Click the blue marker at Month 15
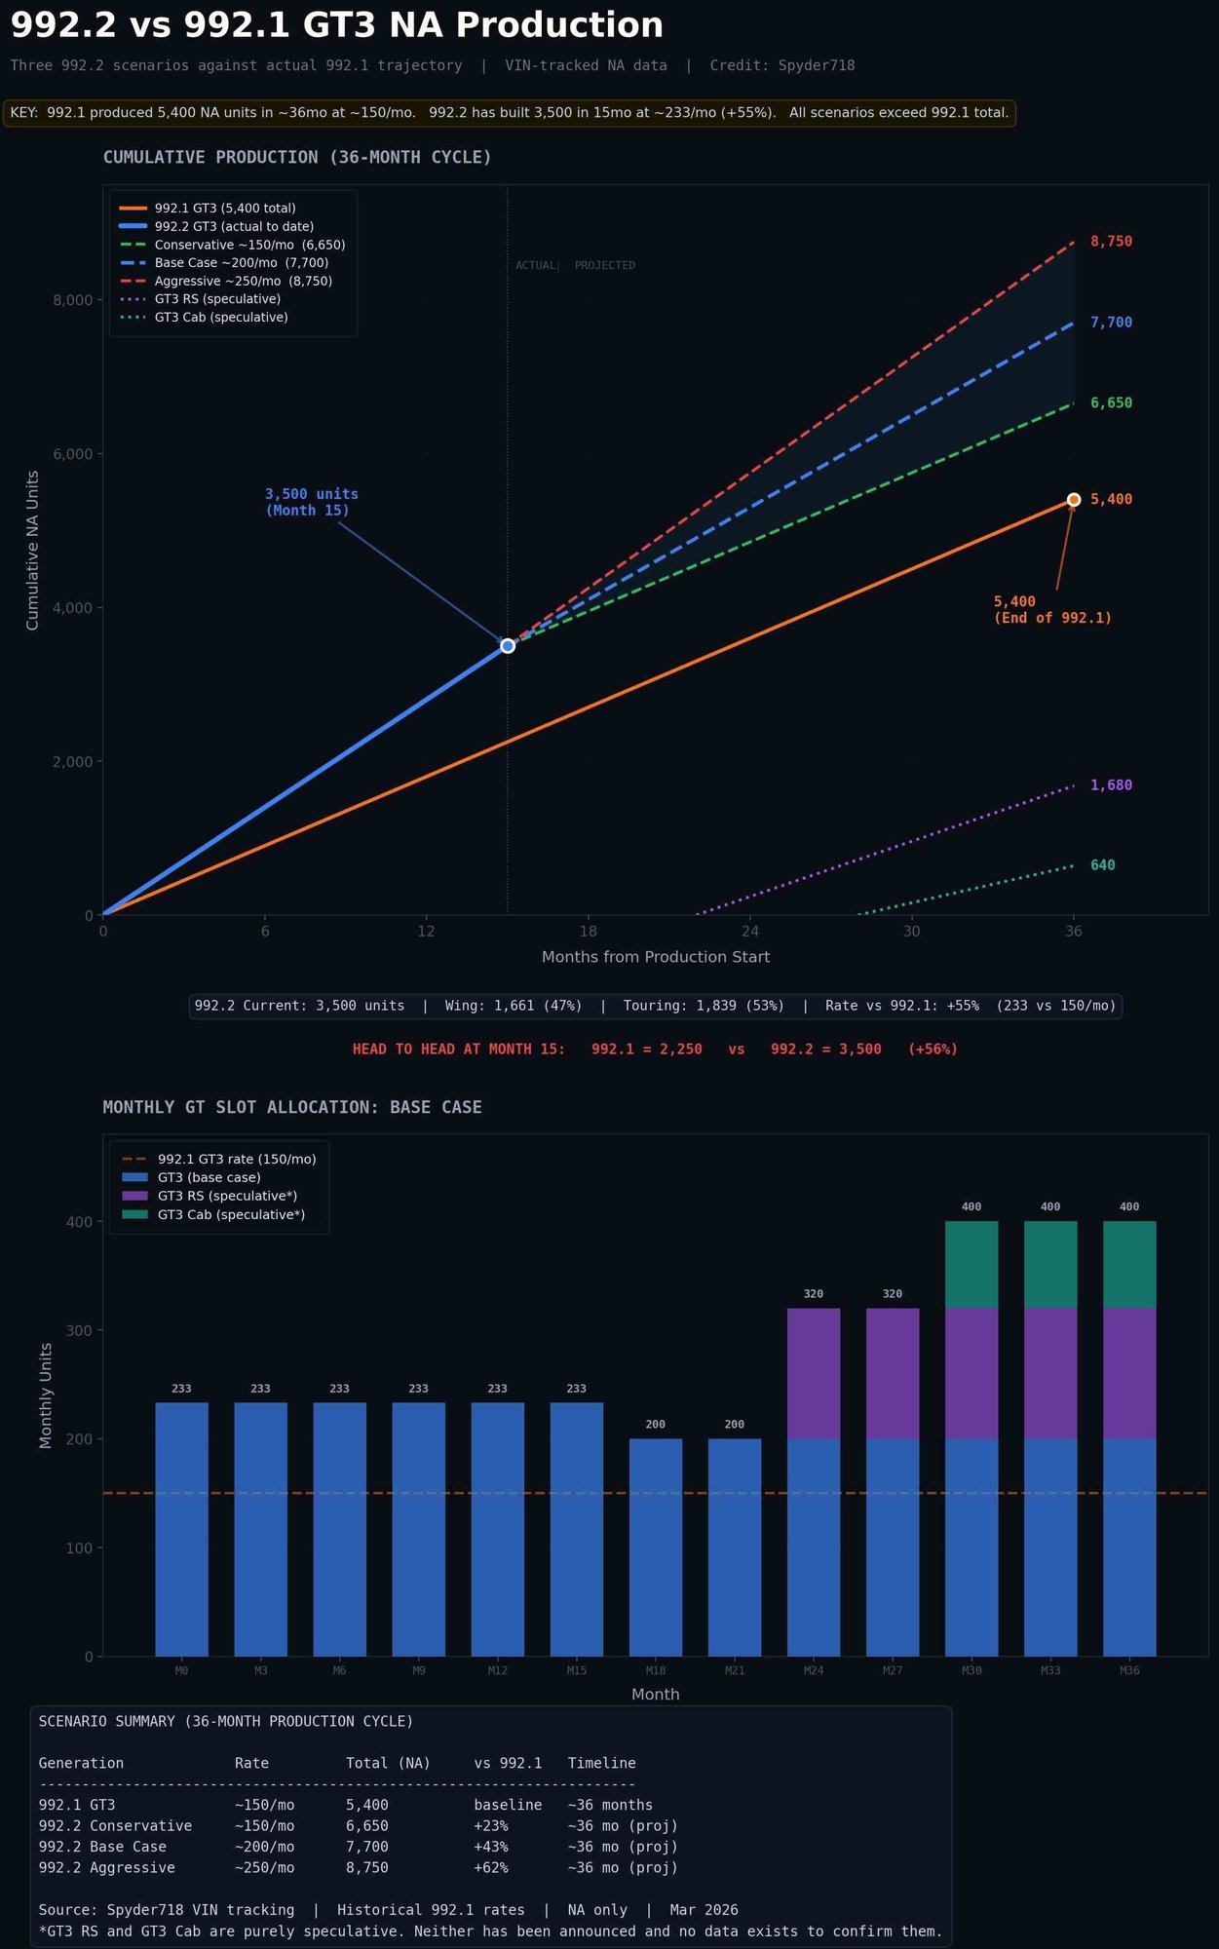(x=508, y=646)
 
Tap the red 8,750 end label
(x=1111, y=242)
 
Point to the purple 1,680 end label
(x=1111, y=785)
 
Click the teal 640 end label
(x=1102, y=865)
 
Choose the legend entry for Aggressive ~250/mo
(x=243, y=281)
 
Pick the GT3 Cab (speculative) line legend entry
(x=221, y=318)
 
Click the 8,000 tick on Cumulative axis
(x=73, y=300)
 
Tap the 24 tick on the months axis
(x=749, y=932)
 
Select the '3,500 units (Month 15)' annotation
(x=311, y=502)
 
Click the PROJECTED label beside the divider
(x=604, y=265)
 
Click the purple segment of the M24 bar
(x=814, y=1374)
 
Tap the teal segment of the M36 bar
(x=1129, y=1265)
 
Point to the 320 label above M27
(x=893, y=1294)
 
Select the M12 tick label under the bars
(x=497, y=1670)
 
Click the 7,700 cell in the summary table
(x=367, y=1847)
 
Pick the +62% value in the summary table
(x=491, y=1868)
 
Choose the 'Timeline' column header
(x=601, y=1763)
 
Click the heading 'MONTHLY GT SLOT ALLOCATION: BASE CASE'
(x=292, y=1107)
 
